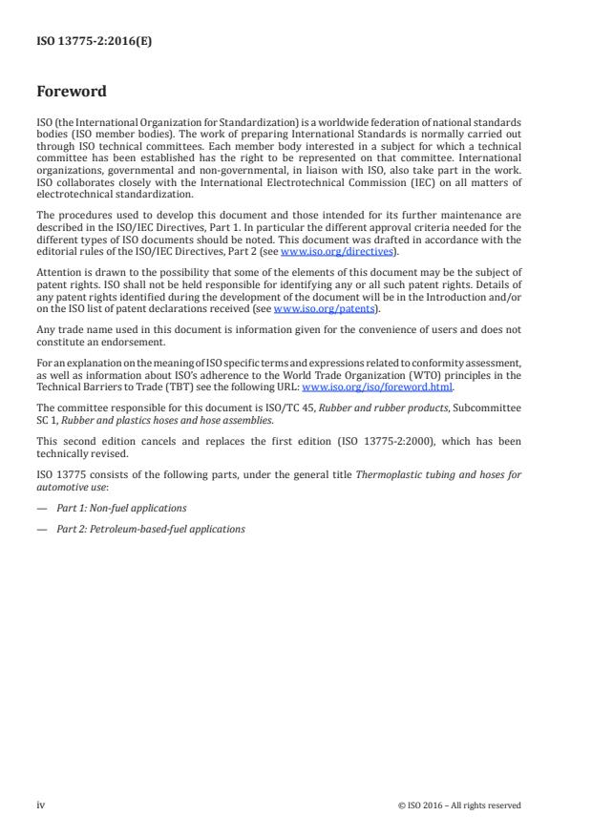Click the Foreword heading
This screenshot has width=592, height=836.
click(x=72, y=93)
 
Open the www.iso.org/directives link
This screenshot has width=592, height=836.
click(x=337, y=250)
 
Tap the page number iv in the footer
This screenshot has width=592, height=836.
click(x=41, y=805)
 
